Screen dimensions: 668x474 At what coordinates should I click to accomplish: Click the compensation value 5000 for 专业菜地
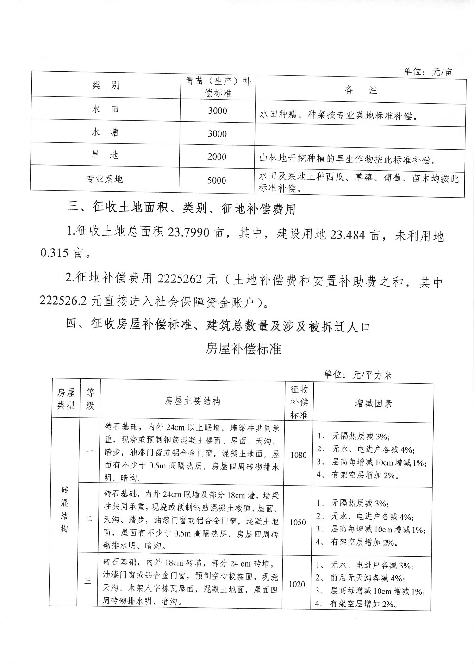(217, 181)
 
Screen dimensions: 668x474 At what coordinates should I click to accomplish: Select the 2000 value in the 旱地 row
(217, 156)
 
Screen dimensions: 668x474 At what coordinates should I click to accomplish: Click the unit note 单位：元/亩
(428, 72)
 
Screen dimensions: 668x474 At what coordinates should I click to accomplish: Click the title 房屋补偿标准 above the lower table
(243, 349)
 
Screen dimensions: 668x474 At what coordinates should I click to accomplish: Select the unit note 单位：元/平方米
(358, 375)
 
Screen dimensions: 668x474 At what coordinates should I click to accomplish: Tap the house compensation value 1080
(299, 455)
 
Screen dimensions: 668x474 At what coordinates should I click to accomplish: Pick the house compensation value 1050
(298, 522)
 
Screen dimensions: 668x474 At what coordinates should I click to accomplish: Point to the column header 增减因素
(373, 403)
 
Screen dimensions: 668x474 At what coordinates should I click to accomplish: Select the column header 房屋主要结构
(193, 401)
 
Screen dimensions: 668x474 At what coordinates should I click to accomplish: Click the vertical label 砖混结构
(65, 509)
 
